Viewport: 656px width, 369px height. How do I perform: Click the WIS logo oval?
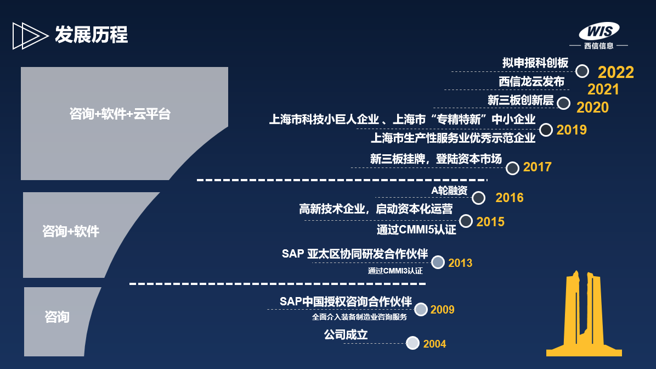[599, 31]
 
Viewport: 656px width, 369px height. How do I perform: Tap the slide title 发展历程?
[91, 35]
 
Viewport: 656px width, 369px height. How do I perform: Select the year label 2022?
[616, 72]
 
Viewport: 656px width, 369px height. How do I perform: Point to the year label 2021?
[603, 90]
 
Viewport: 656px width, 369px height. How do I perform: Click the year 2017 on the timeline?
[537, 167]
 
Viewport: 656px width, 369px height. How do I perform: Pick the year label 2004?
[435, 344]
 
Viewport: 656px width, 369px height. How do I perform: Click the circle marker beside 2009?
[421, 310]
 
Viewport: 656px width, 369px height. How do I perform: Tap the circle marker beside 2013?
[438, 262]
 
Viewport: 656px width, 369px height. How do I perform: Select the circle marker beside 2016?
[479, 198]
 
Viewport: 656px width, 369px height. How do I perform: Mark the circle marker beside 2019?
[546, 130]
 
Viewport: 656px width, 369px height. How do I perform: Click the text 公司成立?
[346, 334]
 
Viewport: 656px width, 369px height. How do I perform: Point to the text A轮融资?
[449, 191]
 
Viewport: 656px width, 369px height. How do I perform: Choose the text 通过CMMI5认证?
[416, 230]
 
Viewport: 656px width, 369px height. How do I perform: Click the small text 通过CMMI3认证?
[395, 271]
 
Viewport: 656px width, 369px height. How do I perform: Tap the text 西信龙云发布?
[531, 82]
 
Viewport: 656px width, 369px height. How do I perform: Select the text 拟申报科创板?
[535, 63]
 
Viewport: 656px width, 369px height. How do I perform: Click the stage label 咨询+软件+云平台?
[120, 114]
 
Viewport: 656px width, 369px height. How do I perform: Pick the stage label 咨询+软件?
[71, 231]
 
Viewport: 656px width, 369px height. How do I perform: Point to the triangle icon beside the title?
[30, 36]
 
